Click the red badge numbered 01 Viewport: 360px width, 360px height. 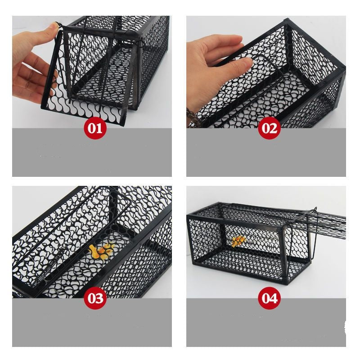click(95, 128)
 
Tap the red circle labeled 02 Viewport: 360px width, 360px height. click(269, 128)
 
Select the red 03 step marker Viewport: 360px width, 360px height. click(95, 298)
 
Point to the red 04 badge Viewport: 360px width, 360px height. click(269, 298)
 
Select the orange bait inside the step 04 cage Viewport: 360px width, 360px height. click(238, 241)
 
